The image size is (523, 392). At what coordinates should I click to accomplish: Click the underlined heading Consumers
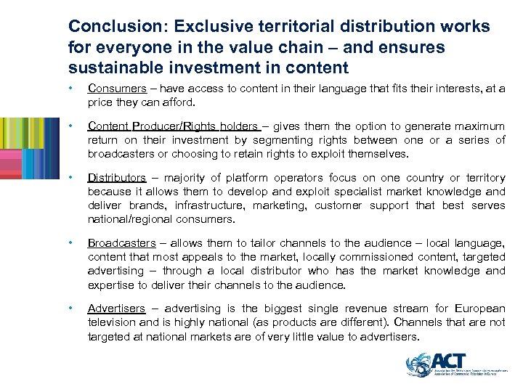click(x=116, y=89)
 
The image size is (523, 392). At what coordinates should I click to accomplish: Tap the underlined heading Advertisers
click(x=116, y=309)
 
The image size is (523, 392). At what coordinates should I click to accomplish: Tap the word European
click(x=481, y=309)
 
